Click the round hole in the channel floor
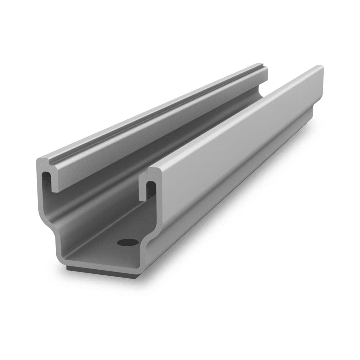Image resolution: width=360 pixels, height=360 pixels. tap(127, 242)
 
